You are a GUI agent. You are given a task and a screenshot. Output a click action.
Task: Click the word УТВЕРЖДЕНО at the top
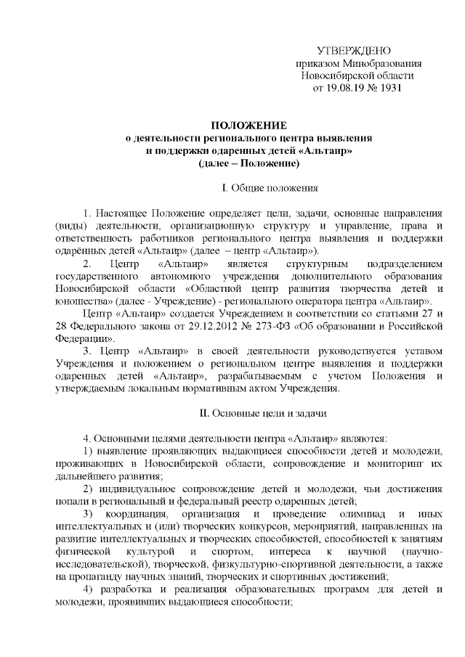coord(354,50)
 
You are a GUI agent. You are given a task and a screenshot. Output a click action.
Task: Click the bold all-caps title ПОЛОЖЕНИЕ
coord(248,125)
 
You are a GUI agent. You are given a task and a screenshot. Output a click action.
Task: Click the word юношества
coord(81,301)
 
